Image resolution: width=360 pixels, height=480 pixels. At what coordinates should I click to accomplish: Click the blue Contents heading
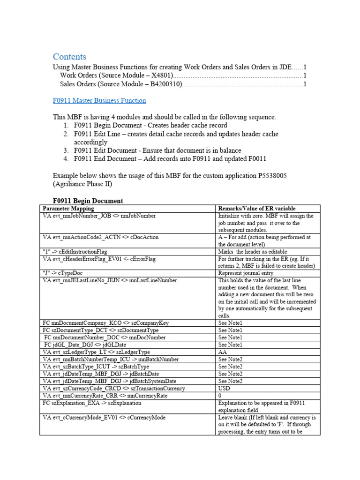(x=69, y=57)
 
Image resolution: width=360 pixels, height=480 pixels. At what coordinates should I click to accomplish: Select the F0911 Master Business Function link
(x=99, y=100)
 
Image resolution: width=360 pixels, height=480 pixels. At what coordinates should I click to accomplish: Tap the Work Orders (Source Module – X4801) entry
(x=117, y=75)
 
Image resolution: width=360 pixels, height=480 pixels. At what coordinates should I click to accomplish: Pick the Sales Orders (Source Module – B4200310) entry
(x=121, y=84)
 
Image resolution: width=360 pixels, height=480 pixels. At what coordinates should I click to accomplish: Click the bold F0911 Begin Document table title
(x=88, y=201)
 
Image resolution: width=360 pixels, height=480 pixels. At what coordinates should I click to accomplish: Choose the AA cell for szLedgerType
(x=223, y=352)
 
